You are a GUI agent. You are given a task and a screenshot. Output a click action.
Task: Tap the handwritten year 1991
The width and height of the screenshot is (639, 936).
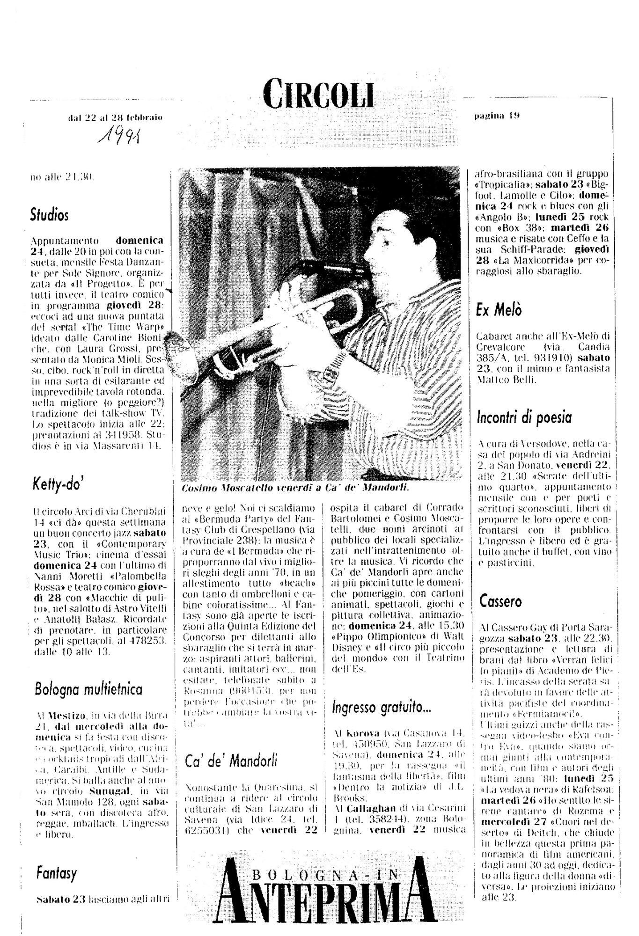(x=119, y=136)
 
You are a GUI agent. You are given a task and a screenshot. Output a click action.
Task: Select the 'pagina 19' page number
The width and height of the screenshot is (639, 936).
(x=497, y=115)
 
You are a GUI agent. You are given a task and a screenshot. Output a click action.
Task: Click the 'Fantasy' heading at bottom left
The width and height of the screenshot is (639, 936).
(x=56, y=873)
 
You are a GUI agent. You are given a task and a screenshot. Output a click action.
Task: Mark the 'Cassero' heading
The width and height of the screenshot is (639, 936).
(x=500, y=601)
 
